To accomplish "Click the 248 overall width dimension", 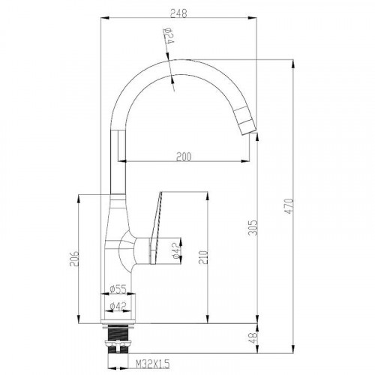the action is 178,13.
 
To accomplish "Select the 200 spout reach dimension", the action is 184,157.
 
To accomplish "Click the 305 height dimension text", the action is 253,227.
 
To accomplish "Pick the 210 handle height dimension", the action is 203,257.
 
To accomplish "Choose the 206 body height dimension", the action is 74,259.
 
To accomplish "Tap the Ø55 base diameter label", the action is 118,289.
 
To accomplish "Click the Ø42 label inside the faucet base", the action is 118,306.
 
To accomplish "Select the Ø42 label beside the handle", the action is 176,250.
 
